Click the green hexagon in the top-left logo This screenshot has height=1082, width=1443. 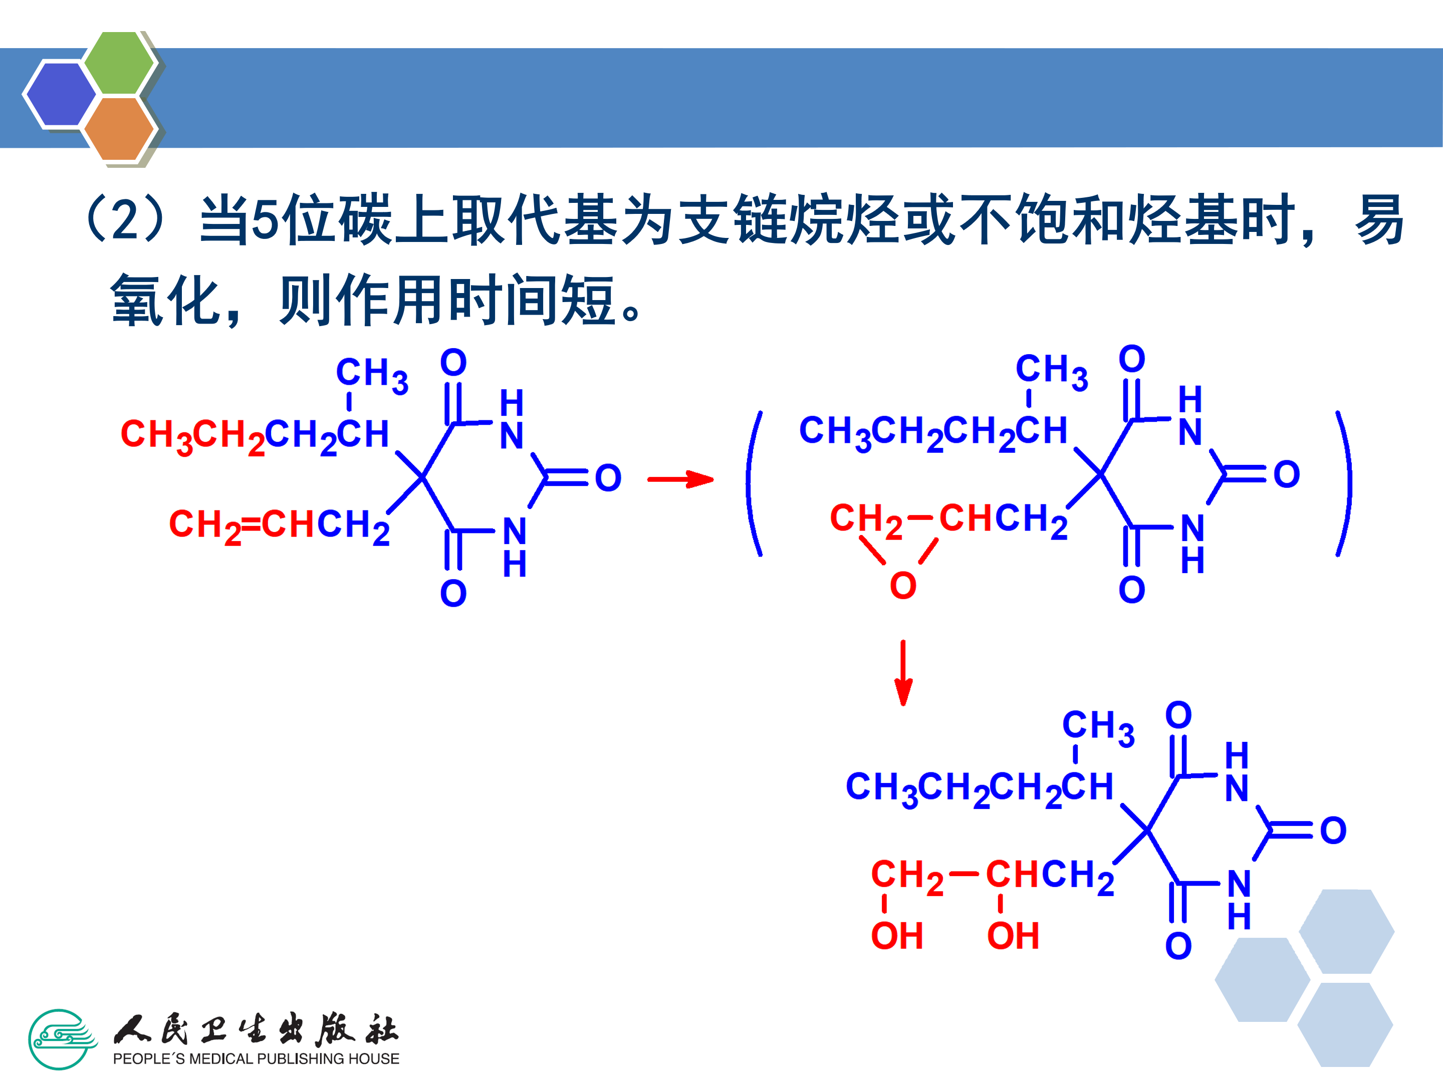click(x=119, y=63)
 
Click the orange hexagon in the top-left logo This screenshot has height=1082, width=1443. click(x=119, y=128)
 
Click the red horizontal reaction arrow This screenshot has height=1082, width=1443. click(x=680, y=479)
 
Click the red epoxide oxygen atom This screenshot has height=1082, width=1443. click(x=903, y=586)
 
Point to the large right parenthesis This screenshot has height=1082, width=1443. click(x=1344, y=484)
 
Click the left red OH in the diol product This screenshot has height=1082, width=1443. click(x=897, y=937)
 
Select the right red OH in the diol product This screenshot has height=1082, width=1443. click(x=1013, y=937)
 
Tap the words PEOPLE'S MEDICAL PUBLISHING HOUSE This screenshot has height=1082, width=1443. click(x=256, y=1058)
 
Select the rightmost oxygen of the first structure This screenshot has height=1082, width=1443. click(x=608, y=478)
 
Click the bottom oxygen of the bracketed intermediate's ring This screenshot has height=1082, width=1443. click(x=1132, y=590)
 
